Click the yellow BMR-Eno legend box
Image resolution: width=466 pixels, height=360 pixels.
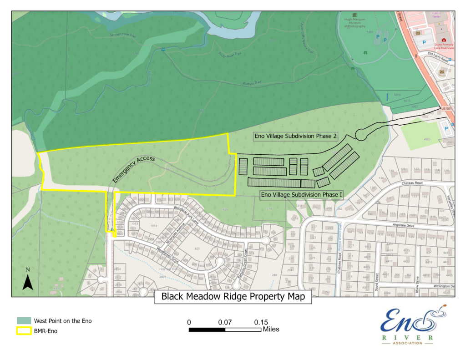point(23,331)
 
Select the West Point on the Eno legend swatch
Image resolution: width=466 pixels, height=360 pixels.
point(23,321)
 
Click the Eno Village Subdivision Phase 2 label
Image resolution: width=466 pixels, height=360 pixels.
point(295,136)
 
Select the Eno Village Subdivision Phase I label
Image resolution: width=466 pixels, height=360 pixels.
point(302,195)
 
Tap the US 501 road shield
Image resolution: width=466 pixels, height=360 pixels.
point(447,108)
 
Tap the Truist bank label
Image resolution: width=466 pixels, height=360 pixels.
point(441,76)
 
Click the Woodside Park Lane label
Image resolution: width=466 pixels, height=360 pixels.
point(187,213)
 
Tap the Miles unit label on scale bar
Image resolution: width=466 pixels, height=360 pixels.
point(271,329)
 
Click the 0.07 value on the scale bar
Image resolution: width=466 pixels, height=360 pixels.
point(225,322)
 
